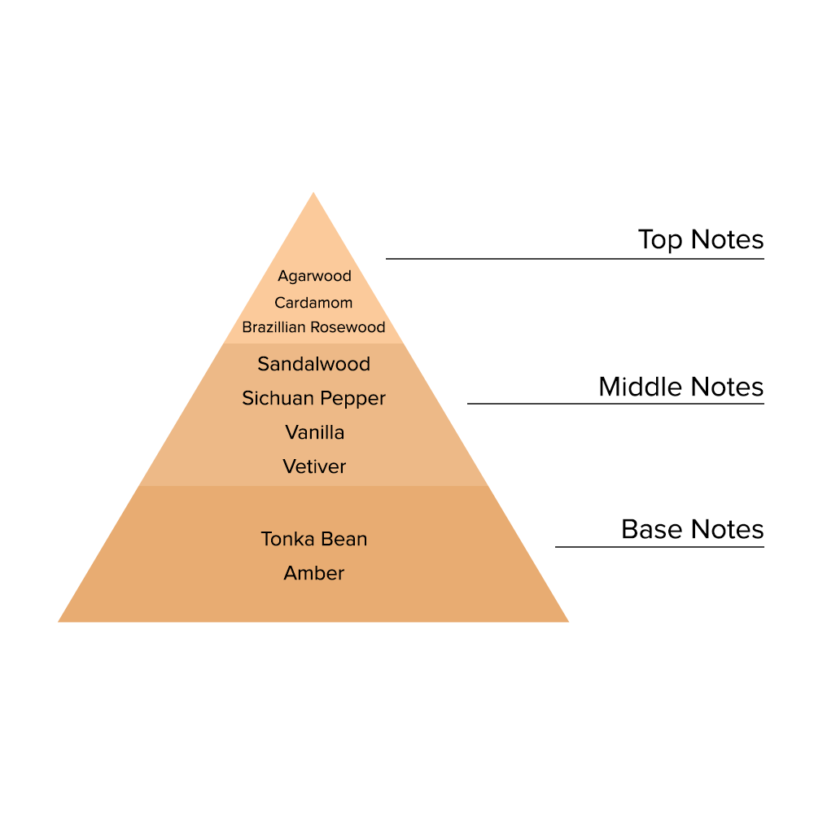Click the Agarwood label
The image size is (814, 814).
pyautogui.click(x=314, y=276)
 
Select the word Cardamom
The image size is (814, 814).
pyautogui.click(x=313, y=303)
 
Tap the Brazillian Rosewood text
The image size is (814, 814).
pyautogui.click(x=313, y=327)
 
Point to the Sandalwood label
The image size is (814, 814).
pyautogui.click(x=313, y=364)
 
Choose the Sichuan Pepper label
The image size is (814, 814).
pyautogui.click(x=313, y=398)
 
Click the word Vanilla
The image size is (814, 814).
pyautogui.click(x=314, y=432)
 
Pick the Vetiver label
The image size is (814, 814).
pyautogui.click(x=314, y=466)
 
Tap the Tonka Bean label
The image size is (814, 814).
pyautogui.click(x=313, y=539)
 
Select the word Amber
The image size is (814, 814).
pyautogui.click(x=313, y=573)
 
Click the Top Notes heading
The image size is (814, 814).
pyautogui.click(x=700, y=239)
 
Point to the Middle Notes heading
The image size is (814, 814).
pyautogui.click(x=681, y=387)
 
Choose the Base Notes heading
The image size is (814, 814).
pyautogui.click(x=692, y=529)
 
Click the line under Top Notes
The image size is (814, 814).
pyautogui.click(x=575, y=259)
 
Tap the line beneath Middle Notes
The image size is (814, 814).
pyautogui.click(x=615, y=404)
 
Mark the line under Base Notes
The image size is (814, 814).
pyautogui.click(x=659, y=547)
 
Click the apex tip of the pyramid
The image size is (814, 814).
pyautogui.click(x=313, y=195)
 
